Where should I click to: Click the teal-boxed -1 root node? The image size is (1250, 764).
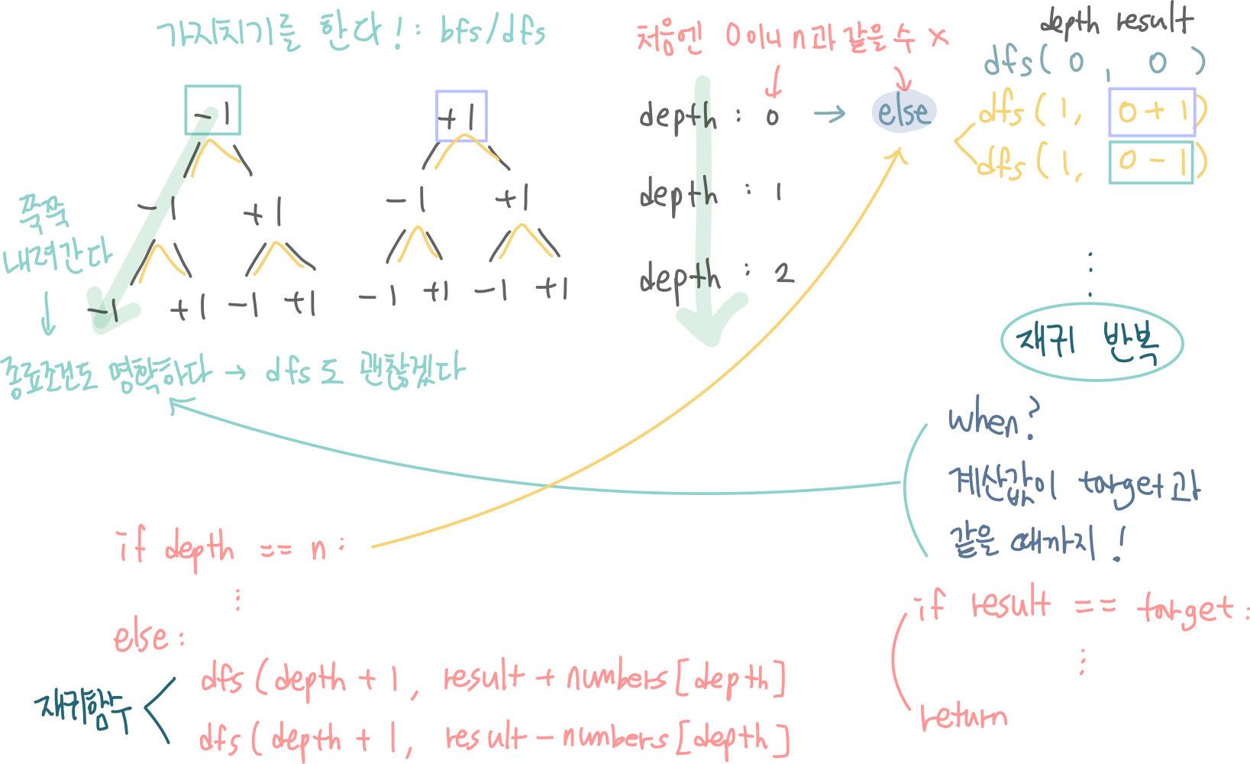212,110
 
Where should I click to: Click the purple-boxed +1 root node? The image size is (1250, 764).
461,116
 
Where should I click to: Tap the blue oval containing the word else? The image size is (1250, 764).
903,112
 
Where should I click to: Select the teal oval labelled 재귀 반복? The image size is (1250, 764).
1091,342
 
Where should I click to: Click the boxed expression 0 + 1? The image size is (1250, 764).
1152,112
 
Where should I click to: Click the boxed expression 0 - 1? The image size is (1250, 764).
1151,161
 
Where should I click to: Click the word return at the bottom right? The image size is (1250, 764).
964,717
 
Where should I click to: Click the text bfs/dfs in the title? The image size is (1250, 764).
493,32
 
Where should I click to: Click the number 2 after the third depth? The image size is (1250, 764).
783,273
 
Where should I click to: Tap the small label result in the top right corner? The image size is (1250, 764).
1155,20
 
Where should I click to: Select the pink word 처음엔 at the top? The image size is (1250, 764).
669,37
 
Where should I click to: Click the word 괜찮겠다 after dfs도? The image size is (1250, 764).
412,371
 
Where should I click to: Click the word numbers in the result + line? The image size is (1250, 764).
617,677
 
